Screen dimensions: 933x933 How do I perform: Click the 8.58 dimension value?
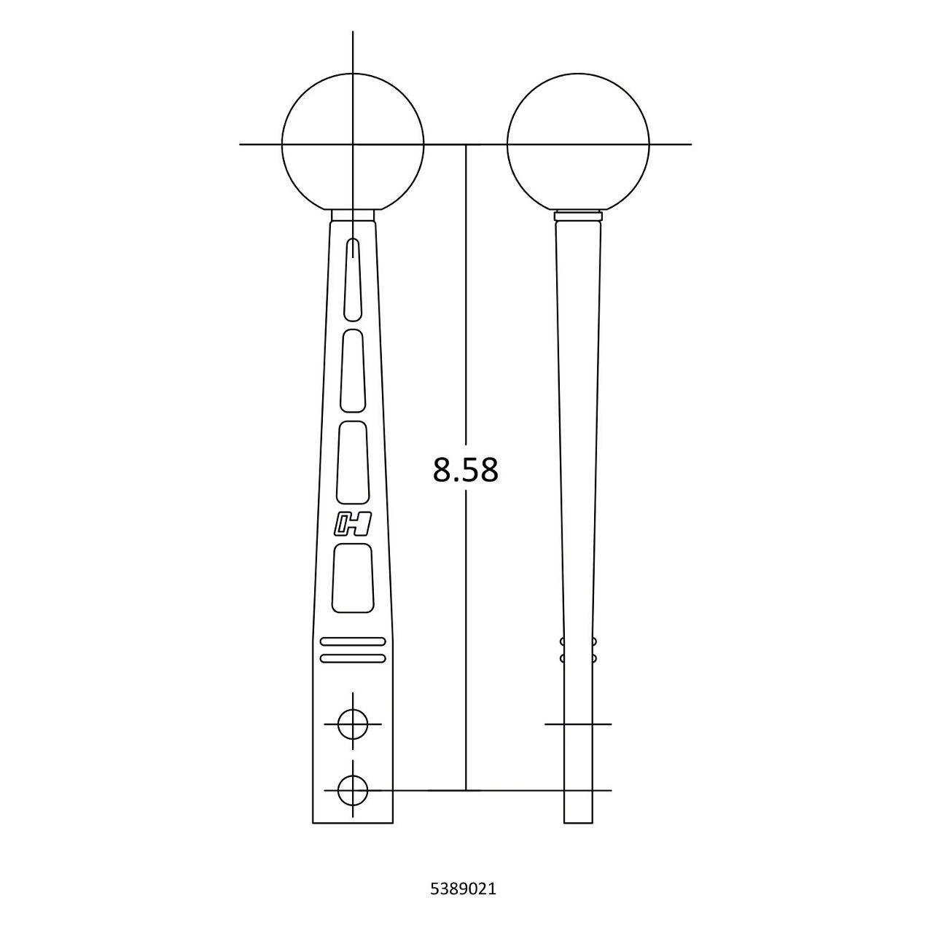(x=465, y=470)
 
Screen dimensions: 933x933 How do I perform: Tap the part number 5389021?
(x=464, y=889)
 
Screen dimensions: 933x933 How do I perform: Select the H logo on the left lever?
(x=353, y=524)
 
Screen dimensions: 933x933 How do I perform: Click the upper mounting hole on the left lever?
(x=353, y=725)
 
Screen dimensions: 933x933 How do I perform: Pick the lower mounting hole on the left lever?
(x=353, y=789)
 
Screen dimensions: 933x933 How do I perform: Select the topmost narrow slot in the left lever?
(x=353, y=278)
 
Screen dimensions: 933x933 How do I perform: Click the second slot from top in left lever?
(x=353, y=370)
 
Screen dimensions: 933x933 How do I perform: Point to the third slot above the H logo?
(x=353, y=461)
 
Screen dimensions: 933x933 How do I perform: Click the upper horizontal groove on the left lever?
(x=353, y=641)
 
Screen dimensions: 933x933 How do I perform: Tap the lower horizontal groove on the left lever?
(x=353, y=658)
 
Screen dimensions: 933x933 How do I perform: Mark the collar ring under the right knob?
(x=578, y=216)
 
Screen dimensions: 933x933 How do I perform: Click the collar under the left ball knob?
(x=353, y=215)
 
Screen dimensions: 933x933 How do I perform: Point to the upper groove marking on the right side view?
(x=578, y=642)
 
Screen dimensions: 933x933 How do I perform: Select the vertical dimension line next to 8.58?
(x=466, y=292)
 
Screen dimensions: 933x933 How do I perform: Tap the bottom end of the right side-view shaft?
(x=578, y=821)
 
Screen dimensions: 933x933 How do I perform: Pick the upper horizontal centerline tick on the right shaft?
(x=578, y=725)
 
